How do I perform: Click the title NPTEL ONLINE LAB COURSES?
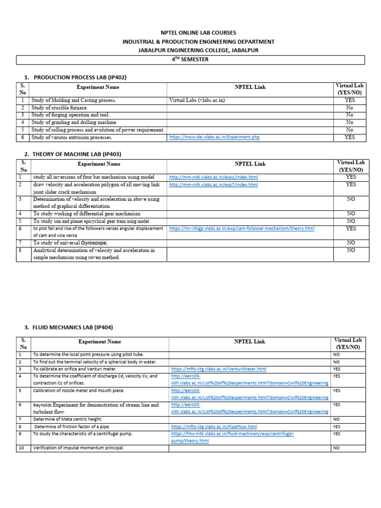190,33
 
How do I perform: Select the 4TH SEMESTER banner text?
190,60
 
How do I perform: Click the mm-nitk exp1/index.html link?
213,177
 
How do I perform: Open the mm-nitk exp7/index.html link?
213,185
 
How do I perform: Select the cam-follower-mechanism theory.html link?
242,229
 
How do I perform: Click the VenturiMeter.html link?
218,369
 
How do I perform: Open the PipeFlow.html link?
214,427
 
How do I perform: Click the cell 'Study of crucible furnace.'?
60,108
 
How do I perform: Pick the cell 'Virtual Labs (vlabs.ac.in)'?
197,100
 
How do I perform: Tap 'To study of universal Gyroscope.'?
70,243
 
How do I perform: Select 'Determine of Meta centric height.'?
68,419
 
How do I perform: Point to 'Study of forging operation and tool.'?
70,115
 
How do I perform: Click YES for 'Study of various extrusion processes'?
350,137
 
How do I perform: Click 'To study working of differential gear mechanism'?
87,214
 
